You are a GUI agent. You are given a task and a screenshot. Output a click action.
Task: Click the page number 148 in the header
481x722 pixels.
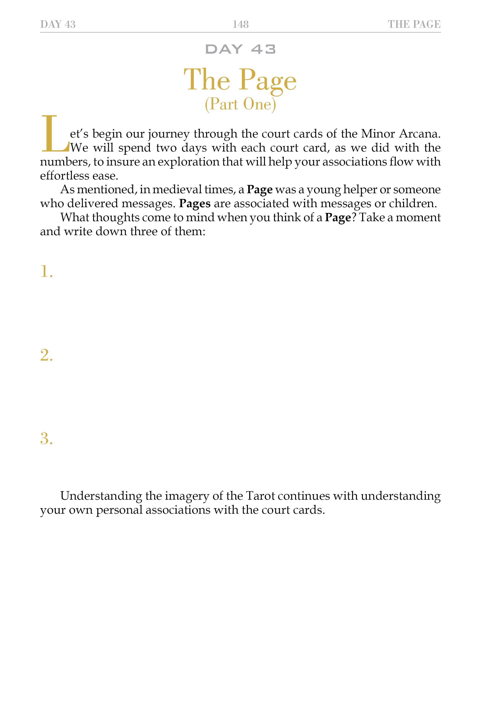(240, 24)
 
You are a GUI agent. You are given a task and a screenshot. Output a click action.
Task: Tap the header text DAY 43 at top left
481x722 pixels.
(58, 24)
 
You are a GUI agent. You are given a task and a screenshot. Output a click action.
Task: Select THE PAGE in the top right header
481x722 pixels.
(414, 24)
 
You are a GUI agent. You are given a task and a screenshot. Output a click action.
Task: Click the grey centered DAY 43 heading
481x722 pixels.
(240, 49)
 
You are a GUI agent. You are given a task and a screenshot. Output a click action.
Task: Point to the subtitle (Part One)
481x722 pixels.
(240, 104)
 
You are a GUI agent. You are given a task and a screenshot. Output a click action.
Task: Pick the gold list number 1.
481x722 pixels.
(46, 272)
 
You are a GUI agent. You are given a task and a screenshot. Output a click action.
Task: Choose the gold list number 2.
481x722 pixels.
(46, 355)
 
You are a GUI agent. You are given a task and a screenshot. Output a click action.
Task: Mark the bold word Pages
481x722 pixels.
(195, 204)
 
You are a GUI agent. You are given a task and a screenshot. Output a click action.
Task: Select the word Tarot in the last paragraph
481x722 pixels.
(260, 496)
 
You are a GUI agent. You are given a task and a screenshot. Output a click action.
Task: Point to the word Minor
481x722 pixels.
(378, 134)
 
